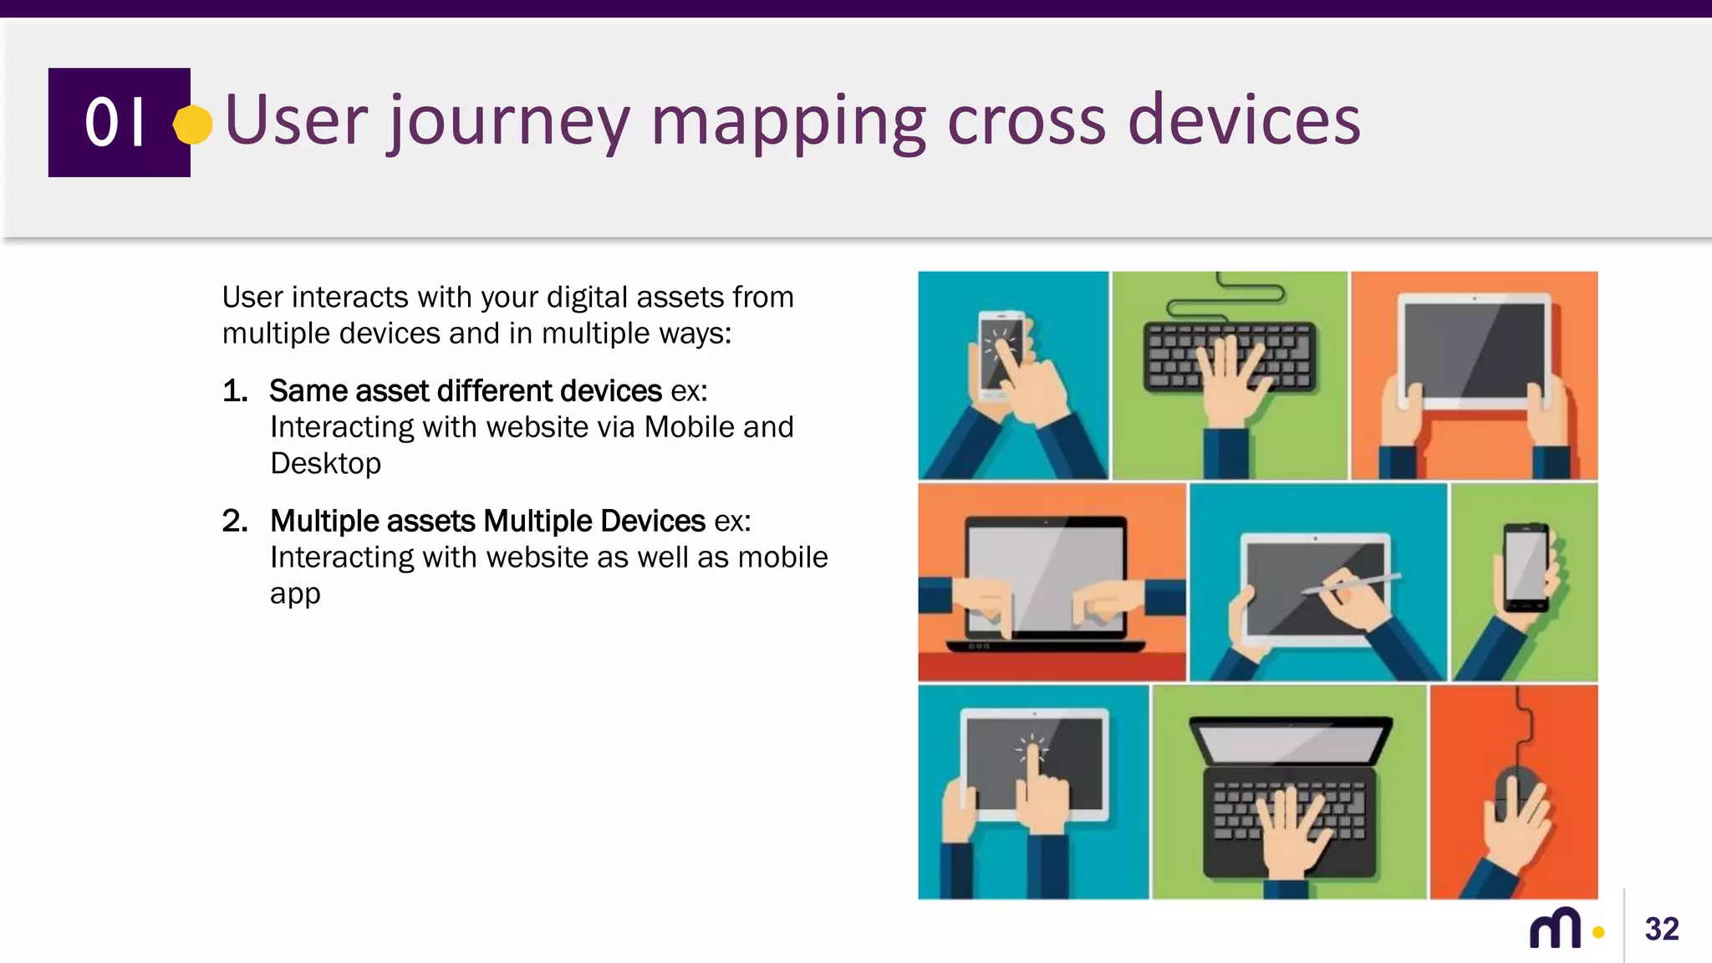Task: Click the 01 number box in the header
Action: click(x=119, y=122)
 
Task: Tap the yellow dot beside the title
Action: click(x=193, y=125)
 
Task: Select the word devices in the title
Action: click(x=1244, y=121)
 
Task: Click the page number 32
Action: click(x=1661, y=929)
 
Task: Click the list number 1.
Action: click(x=234, y=391)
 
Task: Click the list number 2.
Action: click(x=234, y=522)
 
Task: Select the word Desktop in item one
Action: click(x=325, y=463)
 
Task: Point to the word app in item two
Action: click(x=294, y=594)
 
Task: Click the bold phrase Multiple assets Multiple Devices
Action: click(x=487, y=522)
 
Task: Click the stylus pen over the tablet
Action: click(x=1350, y=583)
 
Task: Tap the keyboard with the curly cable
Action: click(x=1229, y=355)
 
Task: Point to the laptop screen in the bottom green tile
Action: click(x=1290, y=741)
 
